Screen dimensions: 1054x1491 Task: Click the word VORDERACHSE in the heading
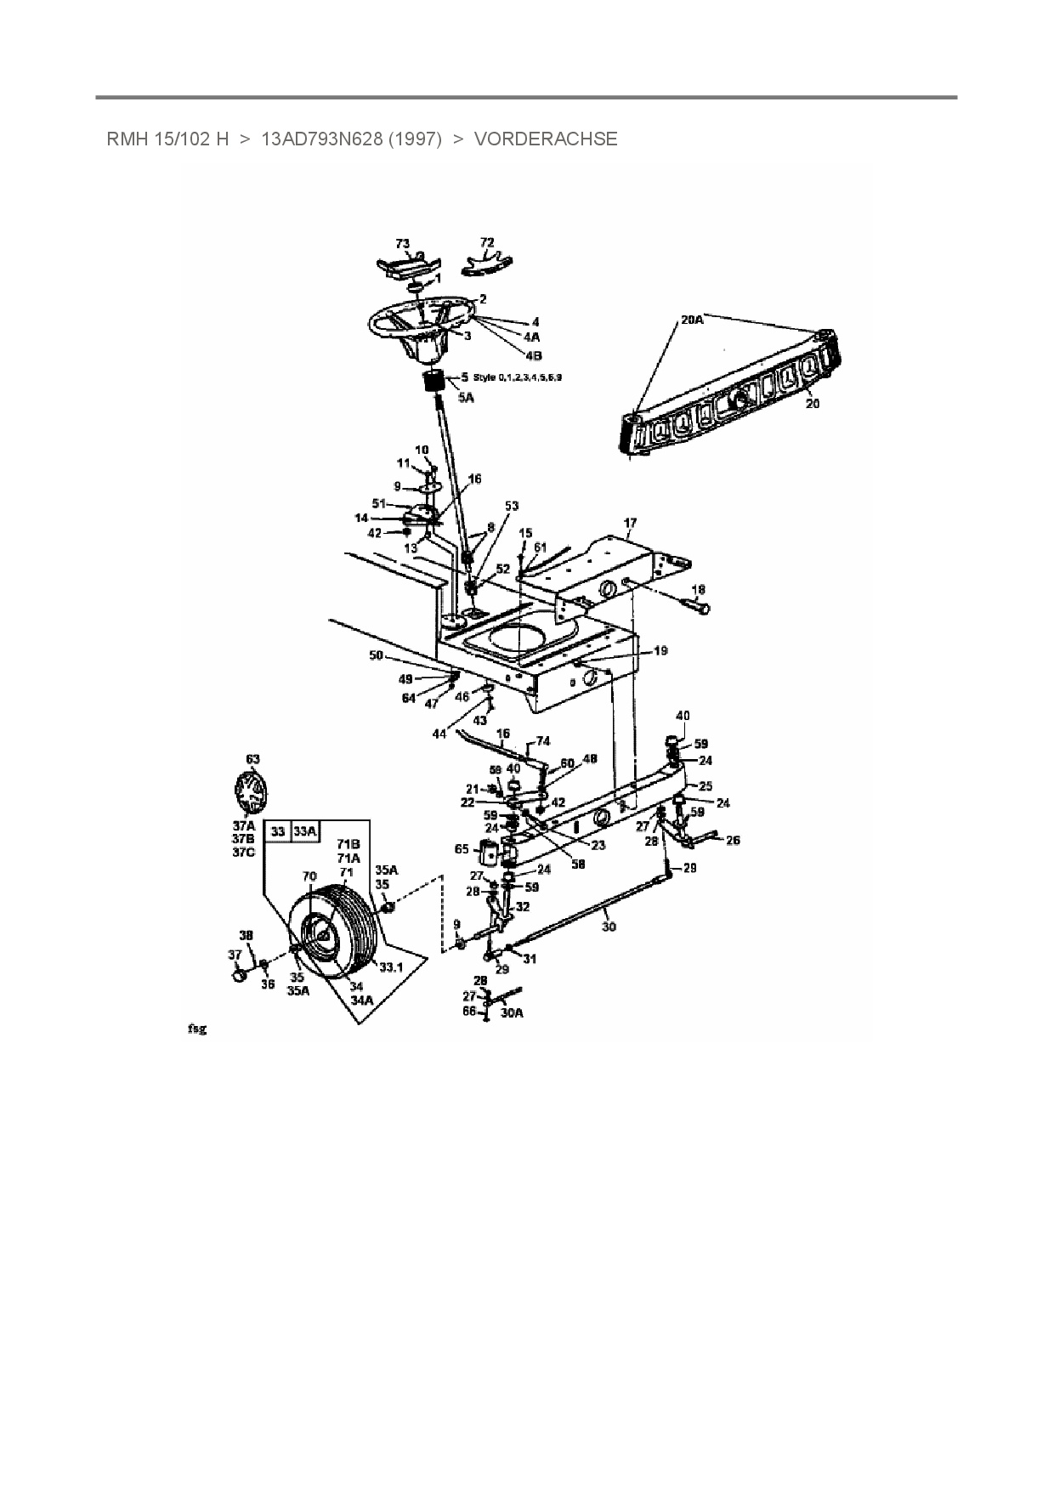point(545,139)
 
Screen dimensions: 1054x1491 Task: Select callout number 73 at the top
point(402,244)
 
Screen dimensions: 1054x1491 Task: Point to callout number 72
point(487,242)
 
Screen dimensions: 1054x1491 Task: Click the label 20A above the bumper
point(692,320)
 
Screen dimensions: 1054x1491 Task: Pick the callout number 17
point(630,524)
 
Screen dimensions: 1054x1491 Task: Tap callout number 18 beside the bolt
point(698,589)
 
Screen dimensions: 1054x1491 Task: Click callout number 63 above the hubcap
point(252,758)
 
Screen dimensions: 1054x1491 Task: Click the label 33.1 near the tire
point(390,967)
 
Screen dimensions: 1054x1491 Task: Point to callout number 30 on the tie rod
point(609,927)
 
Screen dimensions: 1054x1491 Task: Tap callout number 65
point(462,848)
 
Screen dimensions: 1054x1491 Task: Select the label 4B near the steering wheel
point(533,355)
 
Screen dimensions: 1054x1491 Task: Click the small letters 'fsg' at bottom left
point(196,1029)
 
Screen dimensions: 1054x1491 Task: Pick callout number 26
point(733,840)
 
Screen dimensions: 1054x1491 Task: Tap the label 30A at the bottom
point(512,1012)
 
